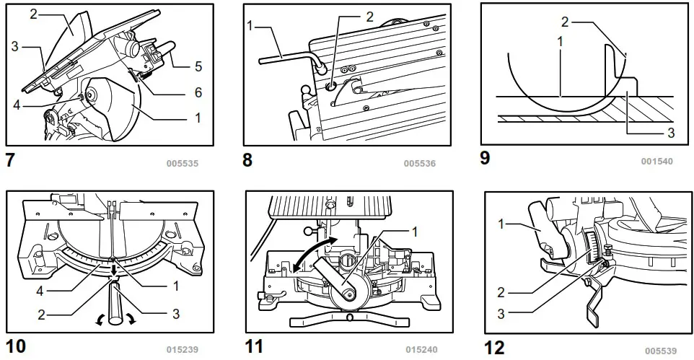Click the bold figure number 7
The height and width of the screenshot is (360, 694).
[x=9, y=160]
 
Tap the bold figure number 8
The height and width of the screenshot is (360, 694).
[x=247, y=160]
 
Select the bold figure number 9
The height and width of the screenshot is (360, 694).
[x=485, y=157]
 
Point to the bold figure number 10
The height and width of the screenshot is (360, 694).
[x=15, y=346]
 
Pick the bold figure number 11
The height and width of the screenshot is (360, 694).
[x=254, y=346]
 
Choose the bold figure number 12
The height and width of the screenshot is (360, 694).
[x=494, y=347]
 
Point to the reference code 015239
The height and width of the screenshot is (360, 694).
[x=183, y=350]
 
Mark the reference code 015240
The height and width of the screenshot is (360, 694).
[x=420, y=350]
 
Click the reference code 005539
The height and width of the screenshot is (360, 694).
[x=661, y=351]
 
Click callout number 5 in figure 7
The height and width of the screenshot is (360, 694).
[x=198, y=67]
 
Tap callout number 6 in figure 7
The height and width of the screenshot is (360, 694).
[x=198, y=92]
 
